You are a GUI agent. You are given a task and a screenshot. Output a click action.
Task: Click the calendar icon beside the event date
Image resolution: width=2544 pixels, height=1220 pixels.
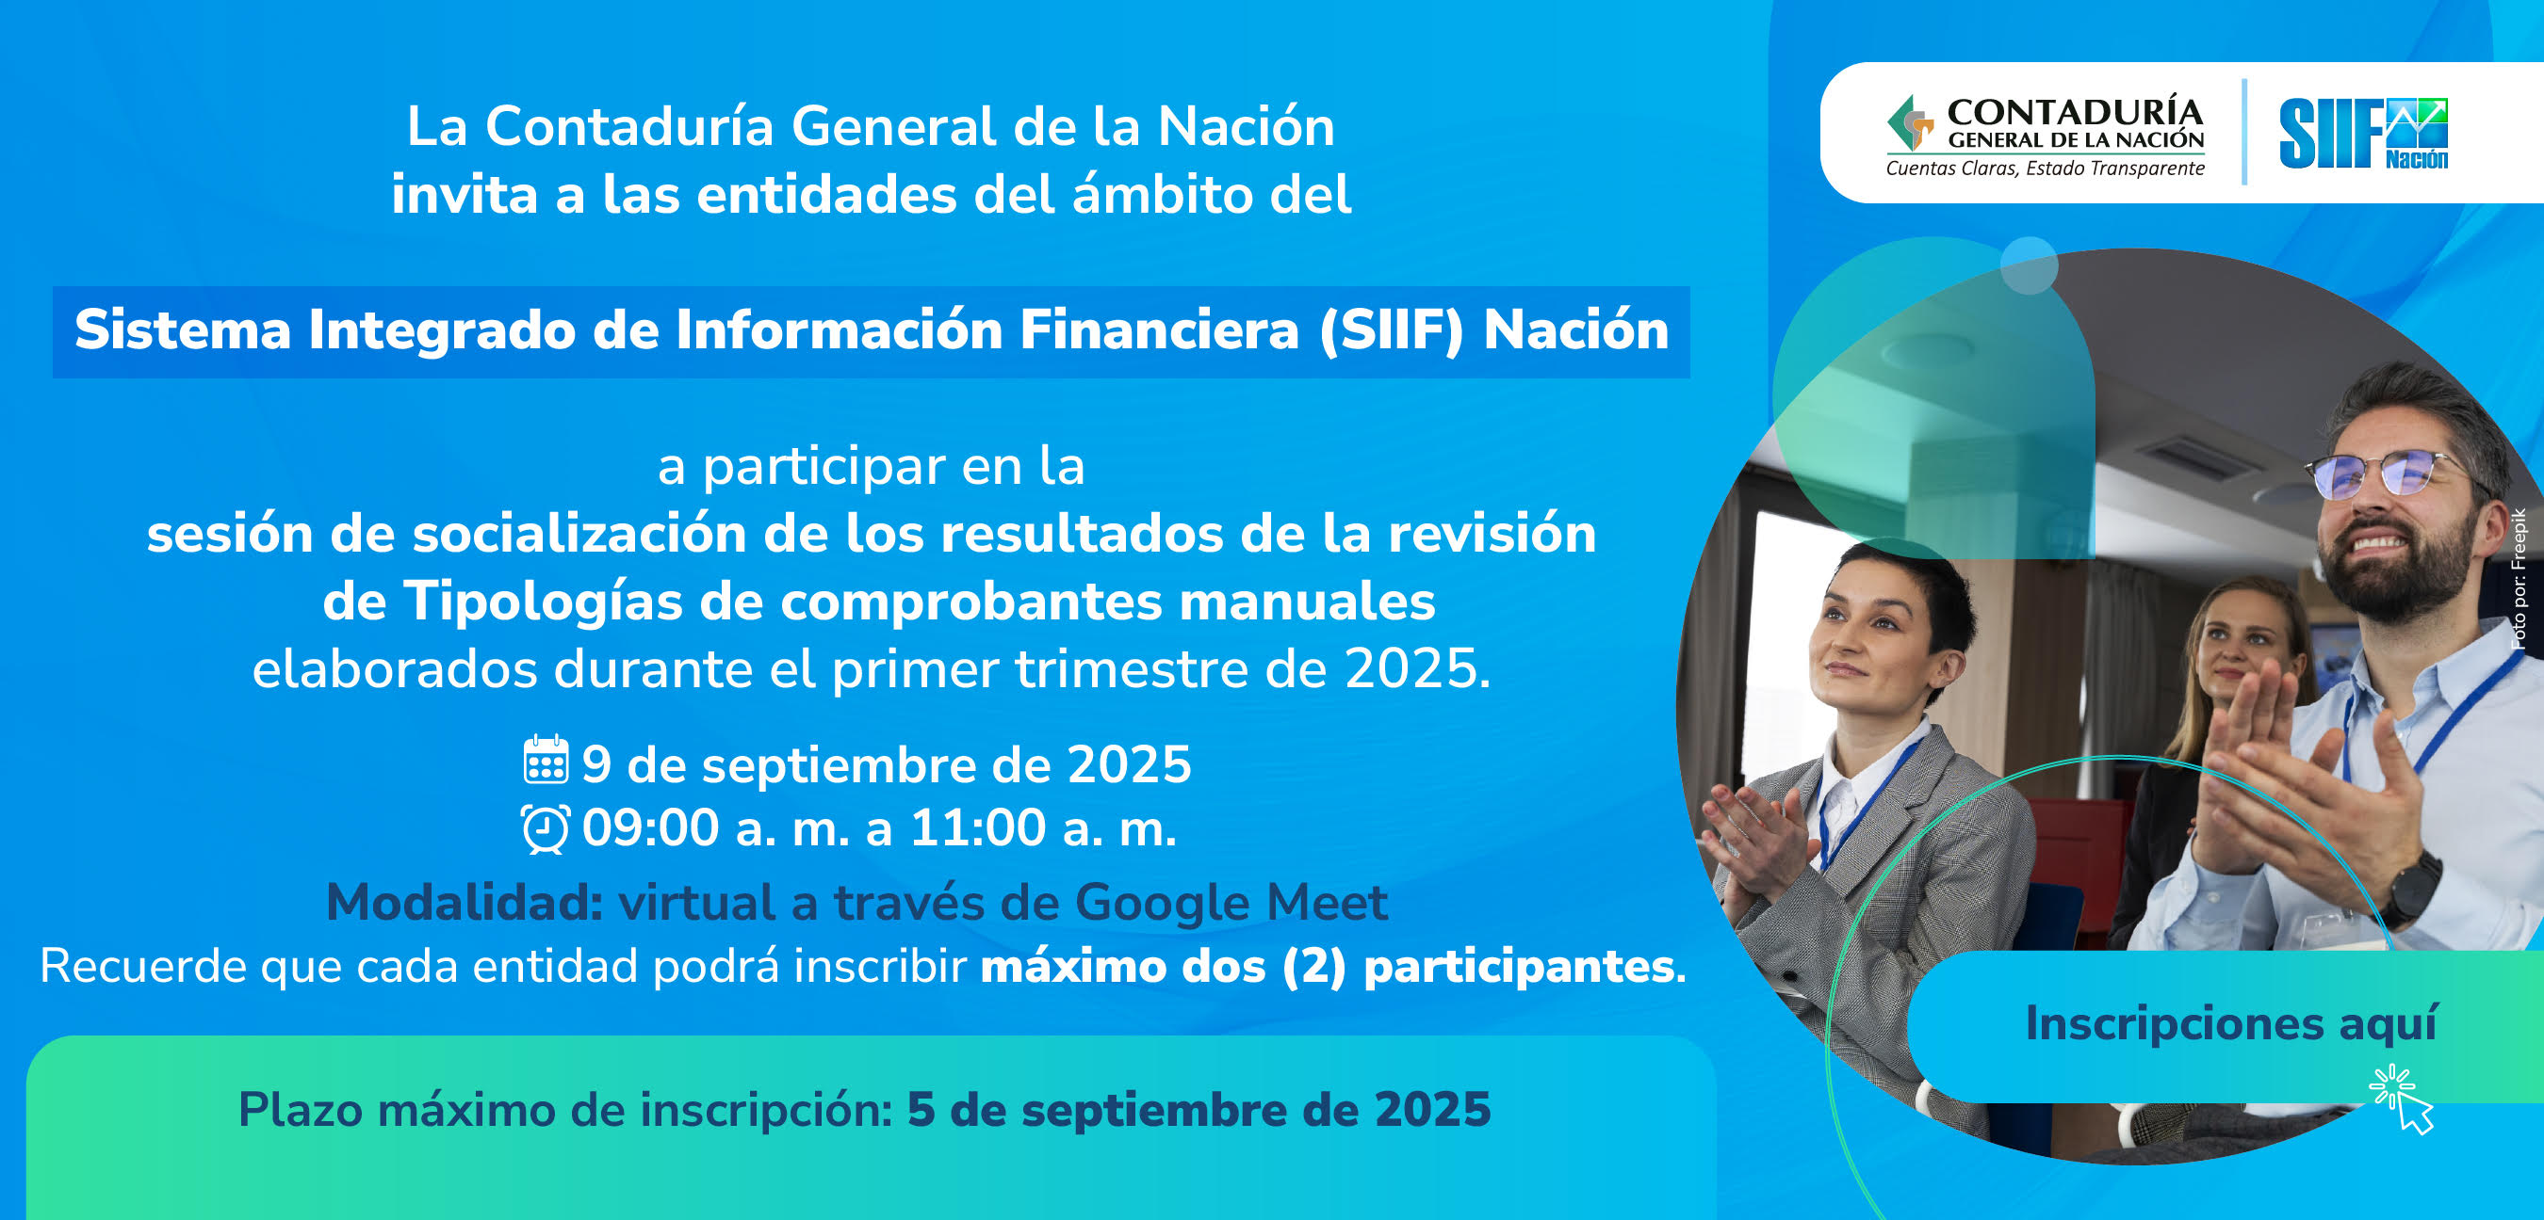click(x=546, y=760)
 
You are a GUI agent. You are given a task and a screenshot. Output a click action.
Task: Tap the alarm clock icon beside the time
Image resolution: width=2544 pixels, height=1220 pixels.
click(x=546, y=828)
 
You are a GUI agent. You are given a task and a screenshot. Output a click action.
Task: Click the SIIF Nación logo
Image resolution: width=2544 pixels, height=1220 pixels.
click(x=2363, y=134)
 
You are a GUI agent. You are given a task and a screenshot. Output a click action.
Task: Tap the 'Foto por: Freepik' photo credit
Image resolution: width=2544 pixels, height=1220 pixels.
click(x=2520, y=578)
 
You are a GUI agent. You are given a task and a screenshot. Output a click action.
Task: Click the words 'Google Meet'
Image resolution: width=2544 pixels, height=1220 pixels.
click(x=1231, y=903)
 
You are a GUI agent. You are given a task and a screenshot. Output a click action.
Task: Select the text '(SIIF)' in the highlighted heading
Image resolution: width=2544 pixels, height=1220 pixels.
click(x=1391, y=329)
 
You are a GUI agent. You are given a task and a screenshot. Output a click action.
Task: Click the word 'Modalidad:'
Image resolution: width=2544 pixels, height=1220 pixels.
click(x=465, y=902)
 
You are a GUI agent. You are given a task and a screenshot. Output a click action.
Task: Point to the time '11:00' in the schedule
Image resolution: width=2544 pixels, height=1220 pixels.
click(x=978, y=827)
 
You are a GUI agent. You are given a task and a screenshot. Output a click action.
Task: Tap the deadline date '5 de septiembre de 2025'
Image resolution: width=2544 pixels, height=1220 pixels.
click(x=1199, y=1110)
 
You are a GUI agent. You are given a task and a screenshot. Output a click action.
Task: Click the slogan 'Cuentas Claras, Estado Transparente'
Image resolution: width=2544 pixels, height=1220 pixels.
click(x=2046, y=168)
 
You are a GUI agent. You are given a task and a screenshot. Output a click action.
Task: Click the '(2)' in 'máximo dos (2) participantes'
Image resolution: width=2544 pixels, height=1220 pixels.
click(x=1313, y=968)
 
